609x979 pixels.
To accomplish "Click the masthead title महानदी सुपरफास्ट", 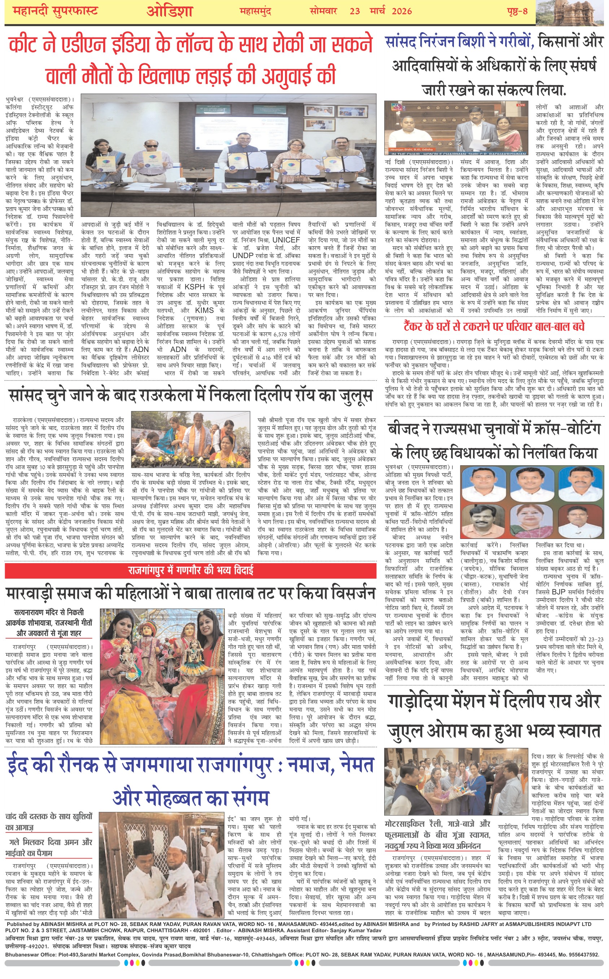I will pyautogui.click(x=55, y=11).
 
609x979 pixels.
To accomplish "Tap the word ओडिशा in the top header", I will pyautogui.click(x=170, y=12).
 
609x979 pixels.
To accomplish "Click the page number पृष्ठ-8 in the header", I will pyautogui.click(x=517, y=11).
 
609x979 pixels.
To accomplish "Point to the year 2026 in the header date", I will pyautogui.click(x=402, y=11).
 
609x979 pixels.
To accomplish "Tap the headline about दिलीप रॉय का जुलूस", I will pyautogui.click(x=190, y=395).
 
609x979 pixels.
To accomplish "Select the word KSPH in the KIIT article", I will pyautogui.click(x=194, y=287).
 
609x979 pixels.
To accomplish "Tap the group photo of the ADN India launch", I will pyautogui.click(x=228, y=156).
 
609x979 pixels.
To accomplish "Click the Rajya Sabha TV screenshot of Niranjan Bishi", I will pyautogui.click(x=456, y=128).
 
